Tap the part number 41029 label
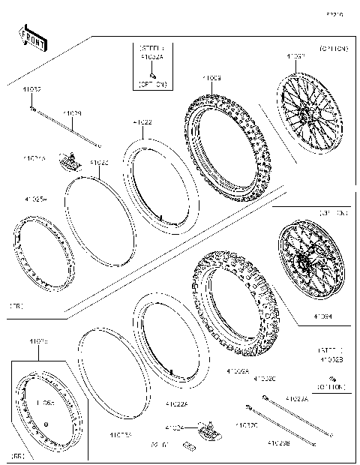[73, 114]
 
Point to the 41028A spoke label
[298, 400]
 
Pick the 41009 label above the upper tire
[211, 77]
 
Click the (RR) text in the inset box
[19, 456]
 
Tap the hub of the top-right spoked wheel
[307, 114]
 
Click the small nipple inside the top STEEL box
[153, 74]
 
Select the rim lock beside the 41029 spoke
[71, 160]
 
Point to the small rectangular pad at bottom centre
[189, 449]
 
